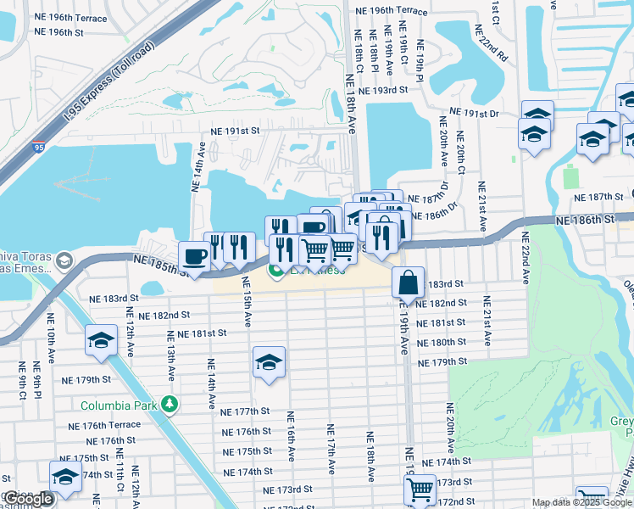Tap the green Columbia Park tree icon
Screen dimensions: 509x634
pos(170,404)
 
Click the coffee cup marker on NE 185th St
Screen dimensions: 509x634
pos(194,257)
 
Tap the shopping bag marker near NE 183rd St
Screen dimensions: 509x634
pos(408,283)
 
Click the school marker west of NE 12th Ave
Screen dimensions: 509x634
pos(101,341)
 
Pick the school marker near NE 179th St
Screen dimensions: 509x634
pos(269,362)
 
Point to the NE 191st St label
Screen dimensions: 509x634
pos(235,131)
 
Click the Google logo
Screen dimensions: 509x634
pos(29,499)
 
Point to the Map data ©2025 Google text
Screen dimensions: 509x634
pos(581,502)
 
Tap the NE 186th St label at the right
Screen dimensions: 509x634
pos(587,220)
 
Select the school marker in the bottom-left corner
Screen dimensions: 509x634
pos(65,477)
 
